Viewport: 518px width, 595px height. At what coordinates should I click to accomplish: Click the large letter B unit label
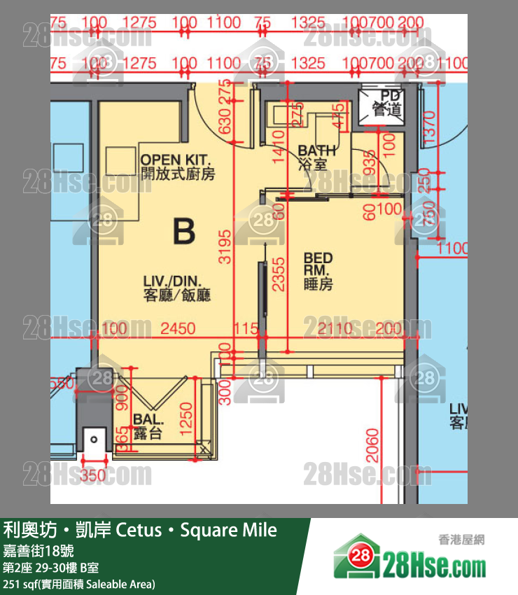pyautogui.click(x=183, y=231)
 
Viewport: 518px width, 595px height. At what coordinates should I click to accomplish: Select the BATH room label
pyautogui.click(x=316, y=157)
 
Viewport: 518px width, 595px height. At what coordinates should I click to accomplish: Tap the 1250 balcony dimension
pyautogui.click(x=186, y=419)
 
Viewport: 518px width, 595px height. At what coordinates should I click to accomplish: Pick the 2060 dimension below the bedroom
pyautogui.click(x=372, y=444)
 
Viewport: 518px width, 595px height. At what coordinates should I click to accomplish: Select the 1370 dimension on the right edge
pyautogui.click(x=429, y=129)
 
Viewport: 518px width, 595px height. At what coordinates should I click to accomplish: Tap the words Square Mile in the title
pyautogui.click(x=228, y=530)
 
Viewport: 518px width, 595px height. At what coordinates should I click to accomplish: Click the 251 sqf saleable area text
pyautogui.click(x=79, y=584)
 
